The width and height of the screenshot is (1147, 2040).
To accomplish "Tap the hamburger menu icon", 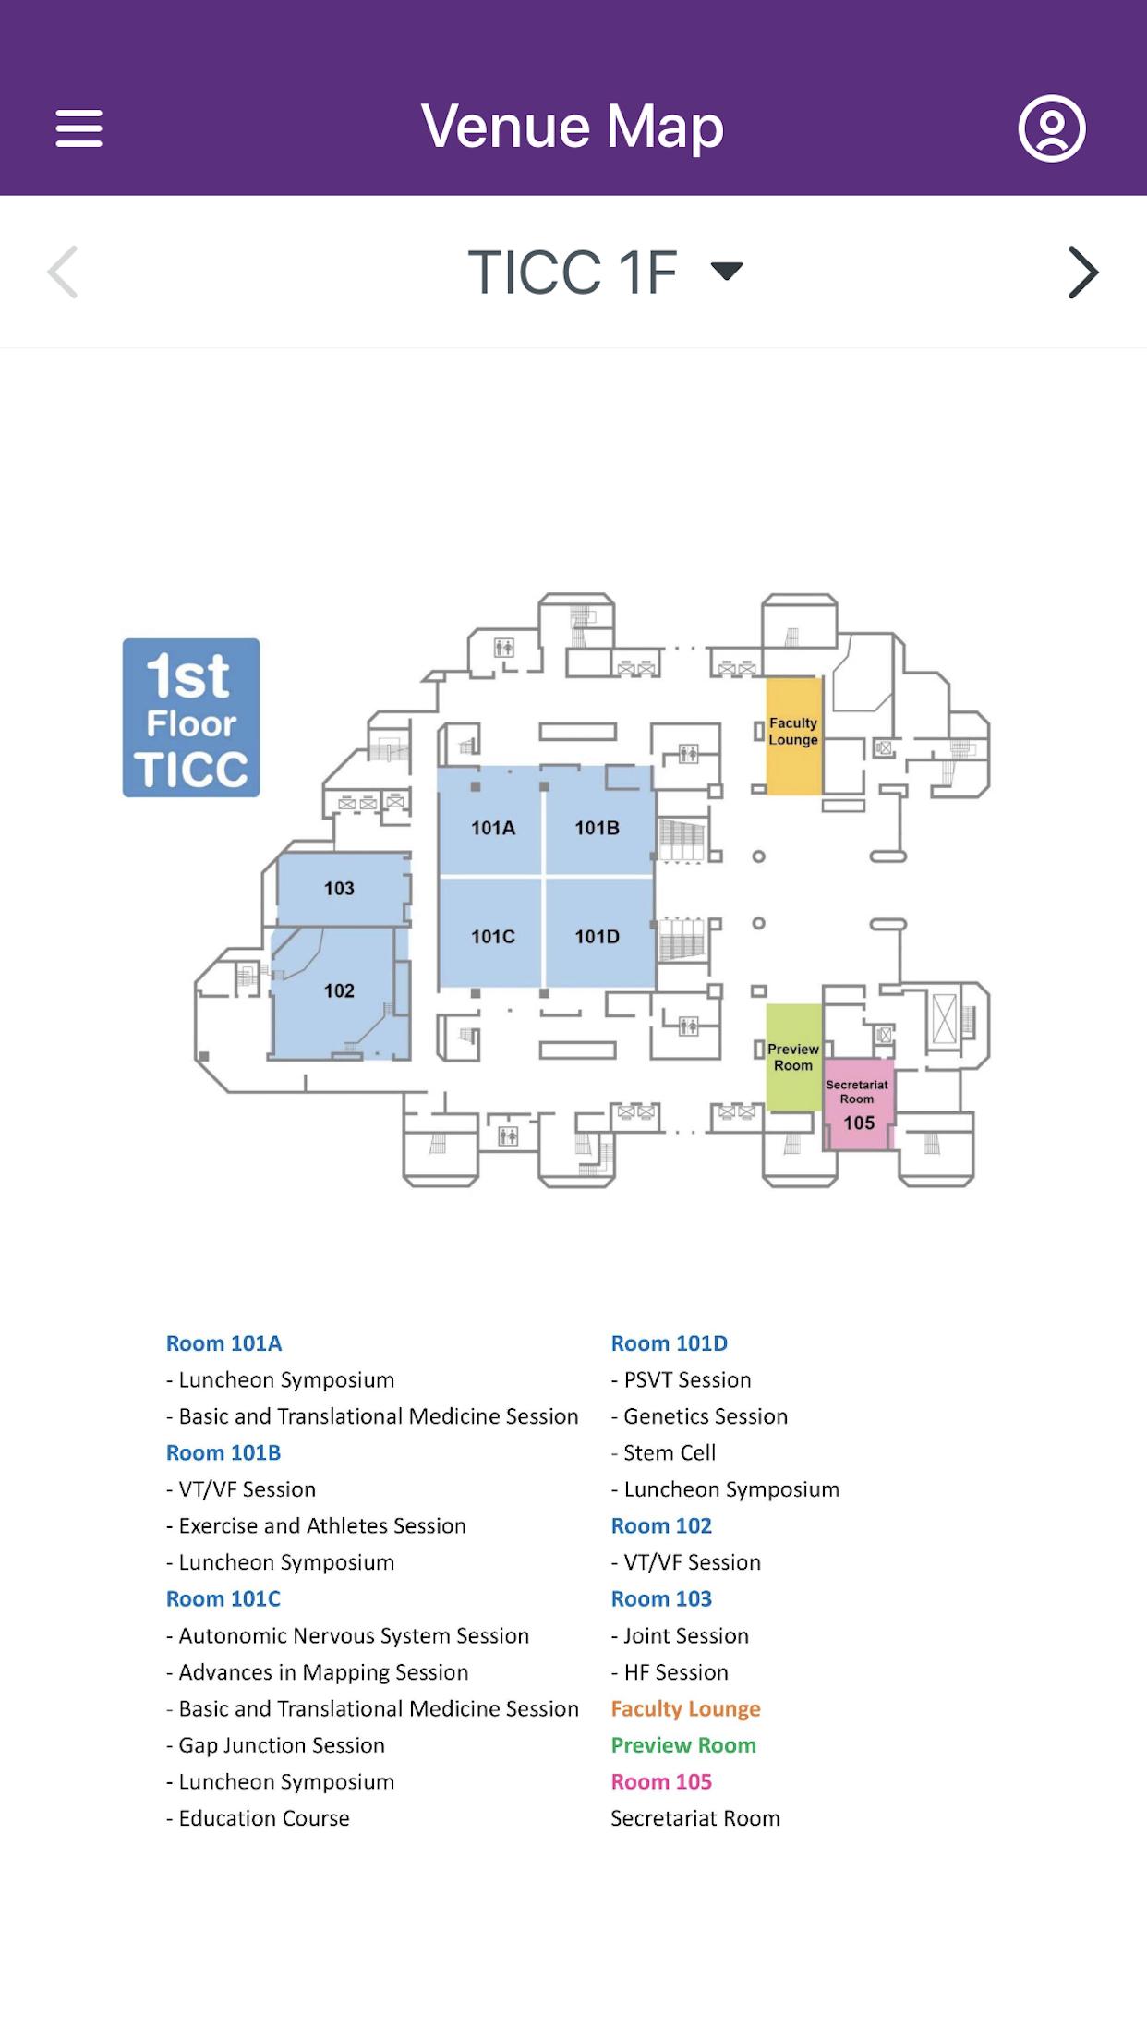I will (x=78, y=127).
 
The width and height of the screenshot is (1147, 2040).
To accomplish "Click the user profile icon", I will (x=1051, y=127).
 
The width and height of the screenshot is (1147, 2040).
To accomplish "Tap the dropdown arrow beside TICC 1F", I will (x=727, y=271).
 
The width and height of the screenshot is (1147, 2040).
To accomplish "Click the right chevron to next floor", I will (x=1082, y=272).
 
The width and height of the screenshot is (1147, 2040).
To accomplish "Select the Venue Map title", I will (x=573, y=127).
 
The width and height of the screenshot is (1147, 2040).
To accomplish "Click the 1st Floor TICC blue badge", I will (x=191, y=718).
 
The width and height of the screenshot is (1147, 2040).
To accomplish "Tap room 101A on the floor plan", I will (x=492, y=828).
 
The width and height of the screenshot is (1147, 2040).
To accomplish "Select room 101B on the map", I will (x=598, y=828).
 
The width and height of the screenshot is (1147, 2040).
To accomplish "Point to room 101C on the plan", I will (x=492, y=937).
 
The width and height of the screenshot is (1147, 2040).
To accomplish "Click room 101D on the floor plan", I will (x=598, y=937).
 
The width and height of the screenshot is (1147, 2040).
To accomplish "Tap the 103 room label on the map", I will (x=339, y=889).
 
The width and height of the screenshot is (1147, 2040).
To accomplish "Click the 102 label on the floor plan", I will (x=339, y=991).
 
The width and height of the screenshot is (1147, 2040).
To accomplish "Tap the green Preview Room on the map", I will (x=793, y=1057).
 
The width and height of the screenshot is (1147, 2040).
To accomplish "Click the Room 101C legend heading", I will (x=223, y=1598).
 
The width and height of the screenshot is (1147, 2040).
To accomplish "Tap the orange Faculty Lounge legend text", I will (x=685, y=1708).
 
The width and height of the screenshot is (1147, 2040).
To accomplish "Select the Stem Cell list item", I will (x=670, y=1452).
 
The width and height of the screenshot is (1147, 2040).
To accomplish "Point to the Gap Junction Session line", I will (x=282, y=1745).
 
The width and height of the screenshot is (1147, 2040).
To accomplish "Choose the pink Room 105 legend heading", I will (x=661, y=1781).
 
